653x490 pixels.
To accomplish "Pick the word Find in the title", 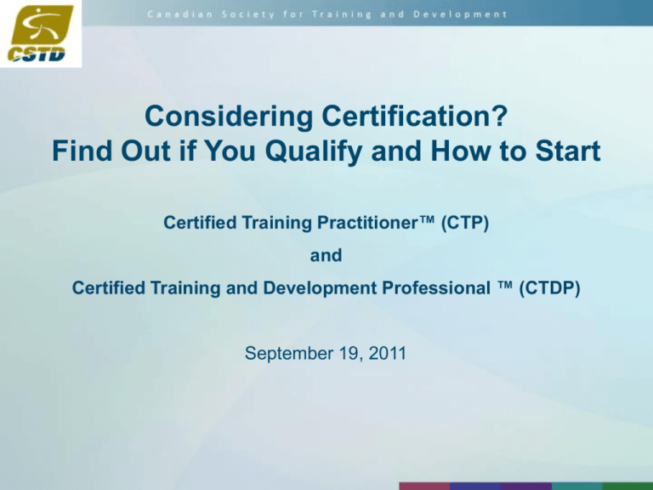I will (x=82, y=154).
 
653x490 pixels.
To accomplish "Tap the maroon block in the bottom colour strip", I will (x=425, y=486).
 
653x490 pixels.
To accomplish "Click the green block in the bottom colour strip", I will (x=630, y=486).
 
